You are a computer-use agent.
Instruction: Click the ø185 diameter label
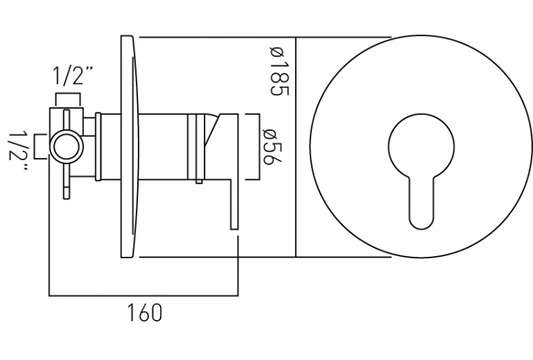point(279,71)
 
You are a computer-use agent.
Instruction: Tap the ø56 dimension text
point(272,147)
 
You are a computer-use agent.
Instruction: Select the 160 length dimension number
point(144,313)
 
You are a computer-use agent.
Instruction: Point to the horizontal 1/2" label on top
point(73,75)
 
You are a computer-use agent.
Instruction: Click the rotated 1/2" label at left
point(18,151)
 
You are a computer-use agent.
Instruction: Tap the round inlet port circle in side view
point(67,147)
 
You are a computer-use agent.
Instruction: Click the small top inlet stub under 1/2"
point(68,100)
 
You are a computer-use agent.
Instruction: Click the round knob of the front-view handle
point(421,145)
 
